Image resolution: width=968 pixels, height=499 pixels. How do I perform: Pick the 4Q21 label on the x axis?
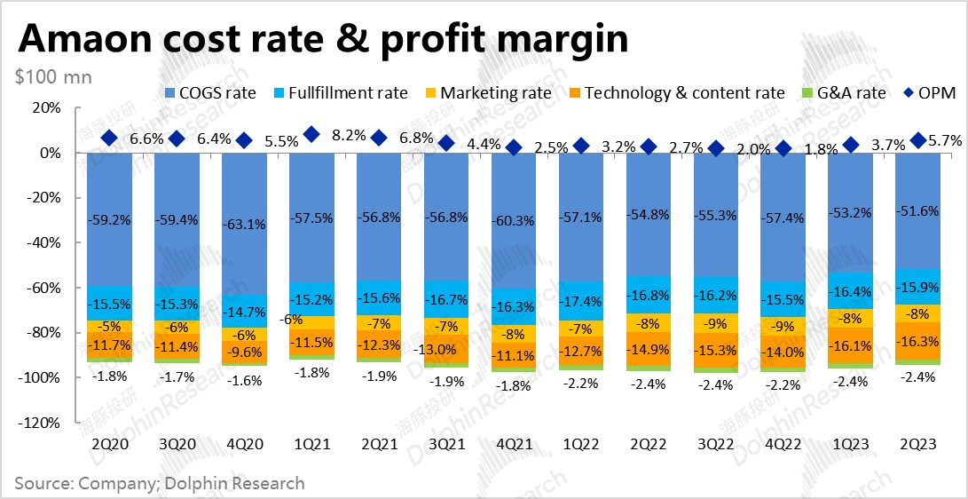coord(514,444)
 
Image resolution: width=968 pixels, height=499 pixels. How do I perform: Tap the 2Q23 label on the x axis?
coord(918,444)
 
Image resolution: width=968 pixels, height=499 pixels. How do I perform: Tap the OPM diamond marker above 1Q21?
coord(311,135)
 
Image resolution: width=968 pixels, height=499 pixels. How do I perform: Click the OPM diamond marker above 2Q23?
coord(918,140)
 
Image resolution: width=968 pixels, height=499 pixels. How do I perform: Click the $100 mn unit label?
coord(53,77)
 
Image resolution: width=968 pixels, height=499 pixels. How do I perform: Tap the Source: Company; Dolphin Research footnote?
coord(160,483)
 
